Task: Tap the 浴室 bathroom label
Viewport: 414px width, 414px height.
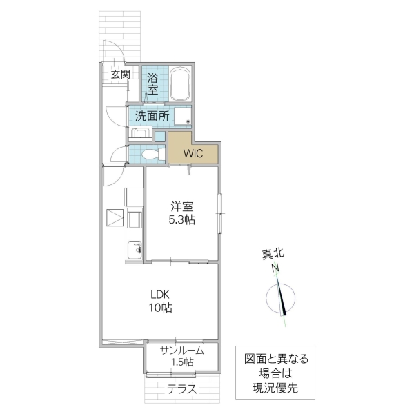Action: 152,84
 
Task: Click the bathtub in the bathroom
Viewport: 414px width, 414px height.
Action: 179,85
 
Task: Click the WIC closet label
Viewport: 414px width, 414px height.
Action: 193,153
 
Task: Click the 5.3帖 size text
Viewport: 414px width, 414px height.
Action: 184,220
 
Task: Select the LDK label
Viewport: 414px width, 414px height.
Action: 159,293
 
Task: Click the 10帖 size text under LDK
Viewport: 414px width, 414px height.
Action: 159,308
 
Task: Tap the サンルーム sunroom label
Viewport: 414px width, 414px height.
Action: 182,351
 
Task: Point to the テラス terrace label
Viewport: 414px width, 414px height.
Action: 182,389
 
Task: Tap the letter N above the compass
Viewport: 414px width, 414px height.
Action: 275,268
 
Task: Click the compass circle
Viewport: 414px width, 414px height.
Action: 281,299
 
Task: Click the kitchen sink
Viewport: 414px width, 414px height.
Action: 132,249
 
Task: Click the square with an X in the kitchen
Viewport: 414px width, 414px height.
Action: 114,218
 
